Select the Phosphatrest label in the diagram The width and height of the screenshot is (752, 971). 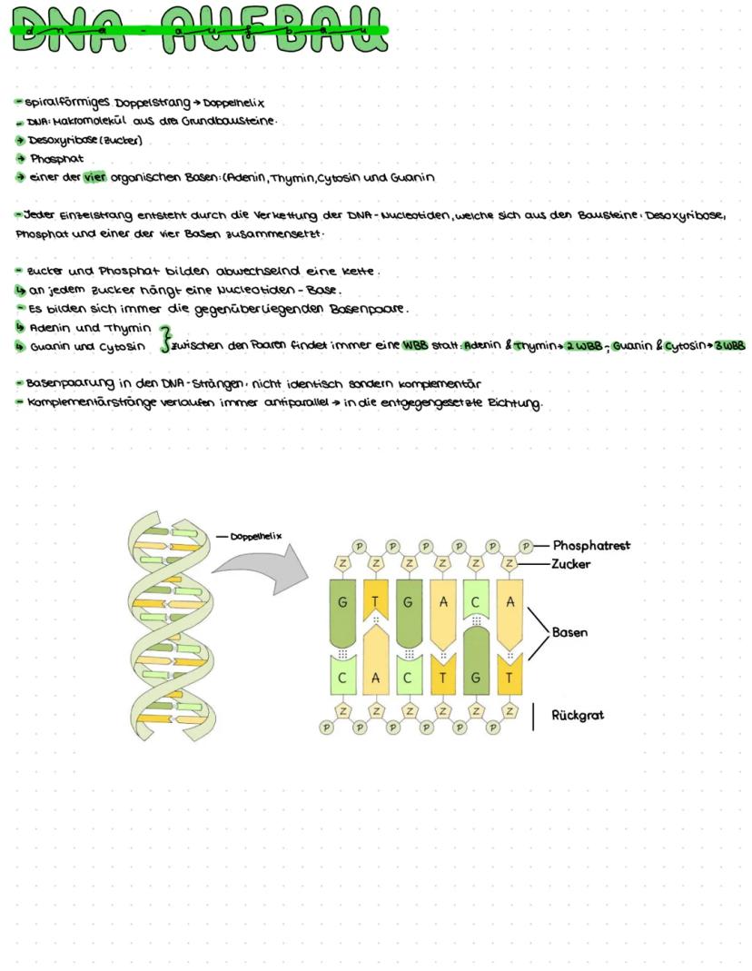pyautogui.click(x=591, y=546)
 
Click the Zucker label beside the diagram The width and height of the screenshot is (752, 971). pyautogui.click(x=571, y=564)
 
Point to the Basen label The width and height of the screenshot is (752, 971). pyautogui.click(x=569, y=632)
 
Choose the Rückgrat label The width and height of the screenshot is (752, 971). pyautogui.click(x=578, y=715)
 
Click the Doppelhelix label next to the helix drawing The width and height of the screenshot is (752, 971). pyautogui.click(x=256, y=536)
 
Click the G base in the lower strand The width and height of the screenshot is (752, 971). pyautogui.click(x=475, y=679)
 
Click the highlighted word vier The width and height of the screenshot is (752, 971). pyautogui.click(x=94, y=177)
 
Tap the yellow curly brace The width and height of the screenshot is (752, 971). pyautogui.click(x=164, y=337)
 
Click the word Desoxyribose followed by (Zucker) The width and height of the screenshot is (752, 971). pyautogui.click(x=60, y=141)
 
